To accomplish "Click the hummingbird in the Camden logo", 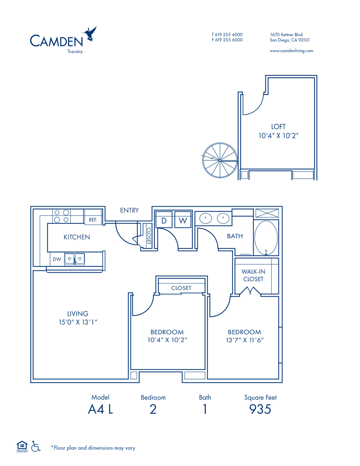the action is click(x=90, y=34).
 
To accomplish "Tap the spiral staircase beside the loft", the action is click(x=220, y=160).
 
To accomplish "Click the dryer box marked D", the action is click(x=164, y=220).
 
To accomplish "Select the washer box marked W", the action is click(x=182, y=220).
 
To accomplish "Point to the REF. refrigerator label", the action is click(x=93, y=220).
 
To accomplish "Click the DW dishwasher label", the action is click(x=57, y=259).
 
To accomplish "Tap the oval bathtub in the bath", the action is click(x=266, y=238).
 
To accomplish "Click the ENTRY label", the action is click(x=129, y=210).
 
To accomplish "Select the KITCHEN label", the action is click(x=77, y=237).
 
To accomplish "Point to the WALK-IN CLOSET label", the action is click(x=253, y=275).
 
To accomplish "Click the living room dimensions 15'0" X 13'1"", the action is click(x=78, y=322).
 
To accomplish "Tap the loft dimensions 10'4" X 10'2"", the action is click(x=278, y=136).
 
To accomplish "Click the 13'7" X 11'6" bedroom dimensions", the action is click(x=245, y=340).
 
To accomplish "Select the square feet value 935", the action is click(x=260, y=409).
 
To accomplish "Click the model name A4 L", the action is click(x=100, y=409).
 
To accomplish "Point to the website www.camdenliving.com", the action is click(x=292, y=51).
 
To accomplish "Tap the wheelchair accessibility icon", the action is click(x=36, y=446).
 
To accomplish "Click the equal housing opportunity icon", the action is click(x=22, y=447).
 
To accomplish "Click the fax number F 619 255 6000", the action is click(x=227, y=40).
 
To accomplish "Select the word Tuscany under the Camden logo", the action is click(x=75, y=51).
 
